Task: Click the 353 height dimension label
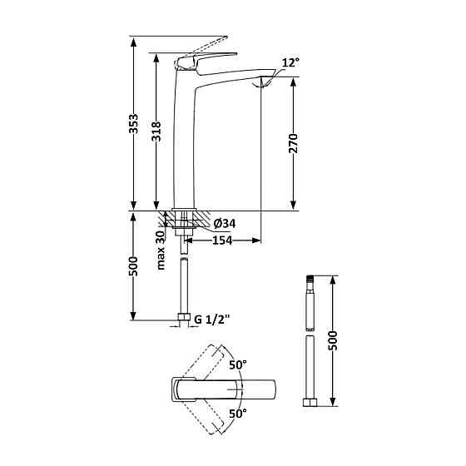click(134, 124)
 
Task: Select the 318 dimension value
click(156, 131)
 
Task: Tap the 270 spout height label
click(293, 143)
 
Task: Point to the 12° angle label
click(290, 62)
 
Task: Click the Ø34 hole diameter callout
click(225, 224)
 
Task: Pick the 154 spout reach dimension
click(222, 240)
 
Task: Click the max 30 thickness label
click(161, 250)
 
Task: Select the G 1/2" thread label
click(212, 320)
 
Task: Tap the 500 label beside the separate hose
click(333, 340)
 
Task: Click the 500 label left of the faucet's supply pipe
click(134, 266)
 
